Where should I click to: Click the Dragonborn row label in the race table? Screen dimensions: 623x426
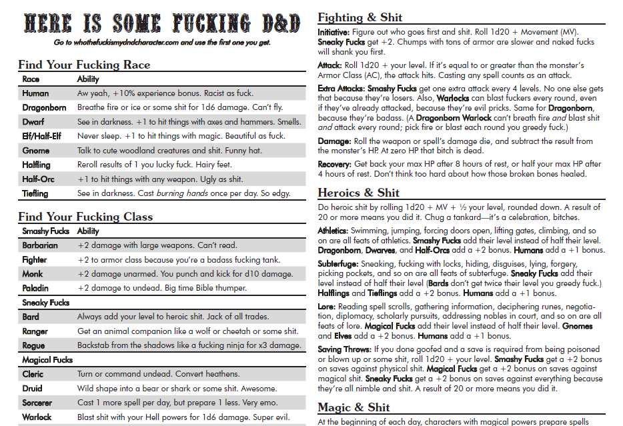[x=45, y=107]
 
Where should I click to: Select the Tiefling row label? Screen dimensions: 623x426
[x=35, y=193]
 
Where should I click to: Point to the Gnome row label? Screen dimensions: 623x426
[x=36, y=151]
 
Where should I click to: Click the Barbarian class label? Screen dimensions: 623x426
[x=40, y=245]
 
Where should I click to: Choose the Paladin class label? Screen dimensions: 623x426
[x=35, y=289]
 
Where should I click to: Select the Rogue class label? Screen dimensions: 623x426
[x=33, y=345]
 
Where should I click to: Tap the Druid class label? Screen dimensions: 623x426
[x=32, y=388]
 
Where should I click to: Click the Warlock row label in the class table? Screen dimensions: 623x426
[x=37, y=417]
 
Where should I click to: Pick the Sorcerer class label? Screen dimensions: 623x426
[x=37, y=403]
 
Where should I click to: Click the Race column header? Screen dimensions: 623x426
[x=31, y=79]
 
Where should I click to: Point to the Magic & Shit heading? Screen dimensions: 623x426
[x=354, y=407]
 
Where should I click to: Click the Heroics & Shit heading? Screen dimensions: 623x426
[x=359, y=193]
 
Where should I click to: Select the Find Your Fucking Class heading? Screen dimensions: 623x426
[x=85, y=217]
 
